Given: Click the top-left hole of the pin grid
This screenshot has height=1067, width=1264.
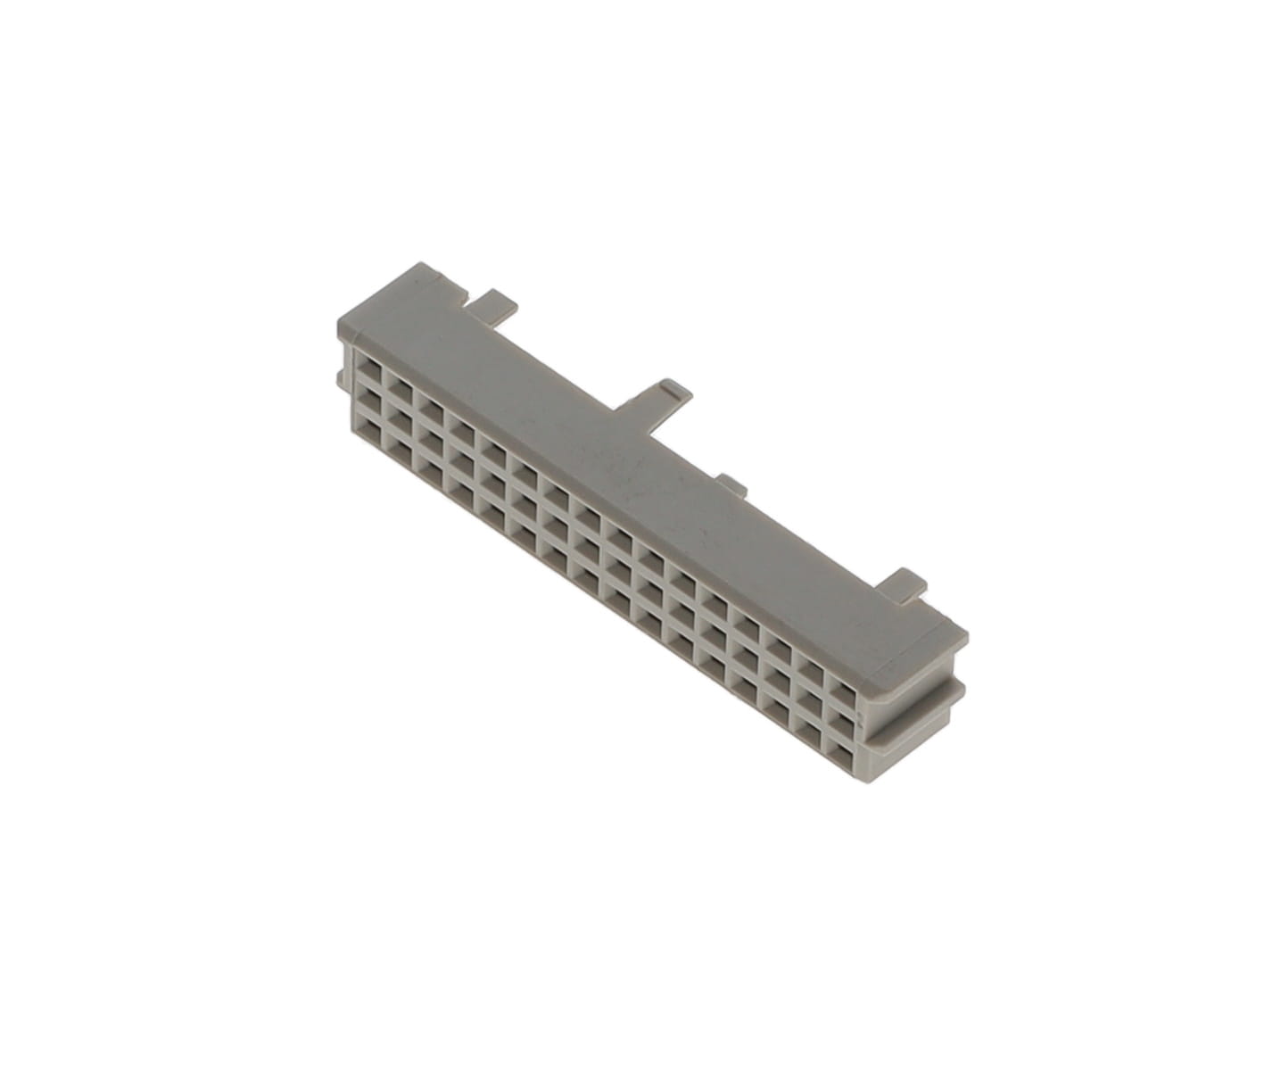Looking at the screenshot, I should tap(368, 366).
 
